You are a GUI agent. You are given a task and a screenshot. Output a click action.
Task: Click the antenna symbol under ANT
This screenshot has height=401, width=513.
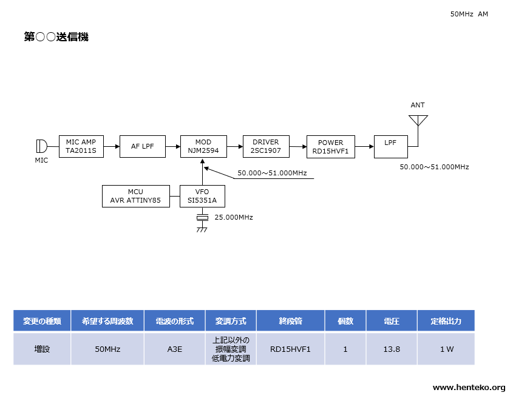tap(418, 120)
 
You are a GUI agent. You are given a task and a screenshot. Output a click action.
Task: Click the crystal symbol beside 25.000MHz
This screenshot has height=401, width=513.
tap(202, 218)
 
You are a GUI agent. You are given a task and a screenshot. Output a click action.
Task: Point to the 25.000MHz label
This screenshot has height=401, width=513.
tap(234, 217)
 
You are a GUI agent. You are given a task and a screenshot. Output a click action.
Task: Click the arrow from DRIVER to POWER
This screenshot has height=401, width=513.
tap(298, 147)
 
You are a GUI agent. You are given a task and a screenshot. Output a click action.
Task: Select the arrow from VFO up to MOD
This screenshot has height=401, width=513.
tap(203, 172)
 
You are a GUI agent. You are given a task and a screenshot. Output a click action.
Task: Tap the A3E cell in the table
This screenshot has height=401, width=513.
tap(175, 349)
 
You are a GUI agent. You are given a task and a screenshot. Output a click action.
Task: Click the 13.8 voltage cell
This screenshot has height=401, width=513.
tap(392, 349)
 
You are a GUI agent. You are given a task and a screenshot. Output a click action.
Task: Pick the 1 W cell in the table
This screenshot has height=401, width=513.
tap(446, 349)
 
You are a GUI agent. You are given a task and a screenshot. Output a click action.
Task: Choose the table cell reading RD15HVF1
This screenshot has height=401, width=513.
tap(291, 349)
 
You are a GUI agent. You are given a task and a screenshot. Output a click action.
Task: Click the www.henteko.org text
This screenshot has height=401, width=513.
tap(469, 388)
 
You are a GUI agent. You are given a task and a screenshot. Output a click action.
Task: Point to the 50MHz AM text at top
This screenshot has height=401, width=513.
tap(469, 14)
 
